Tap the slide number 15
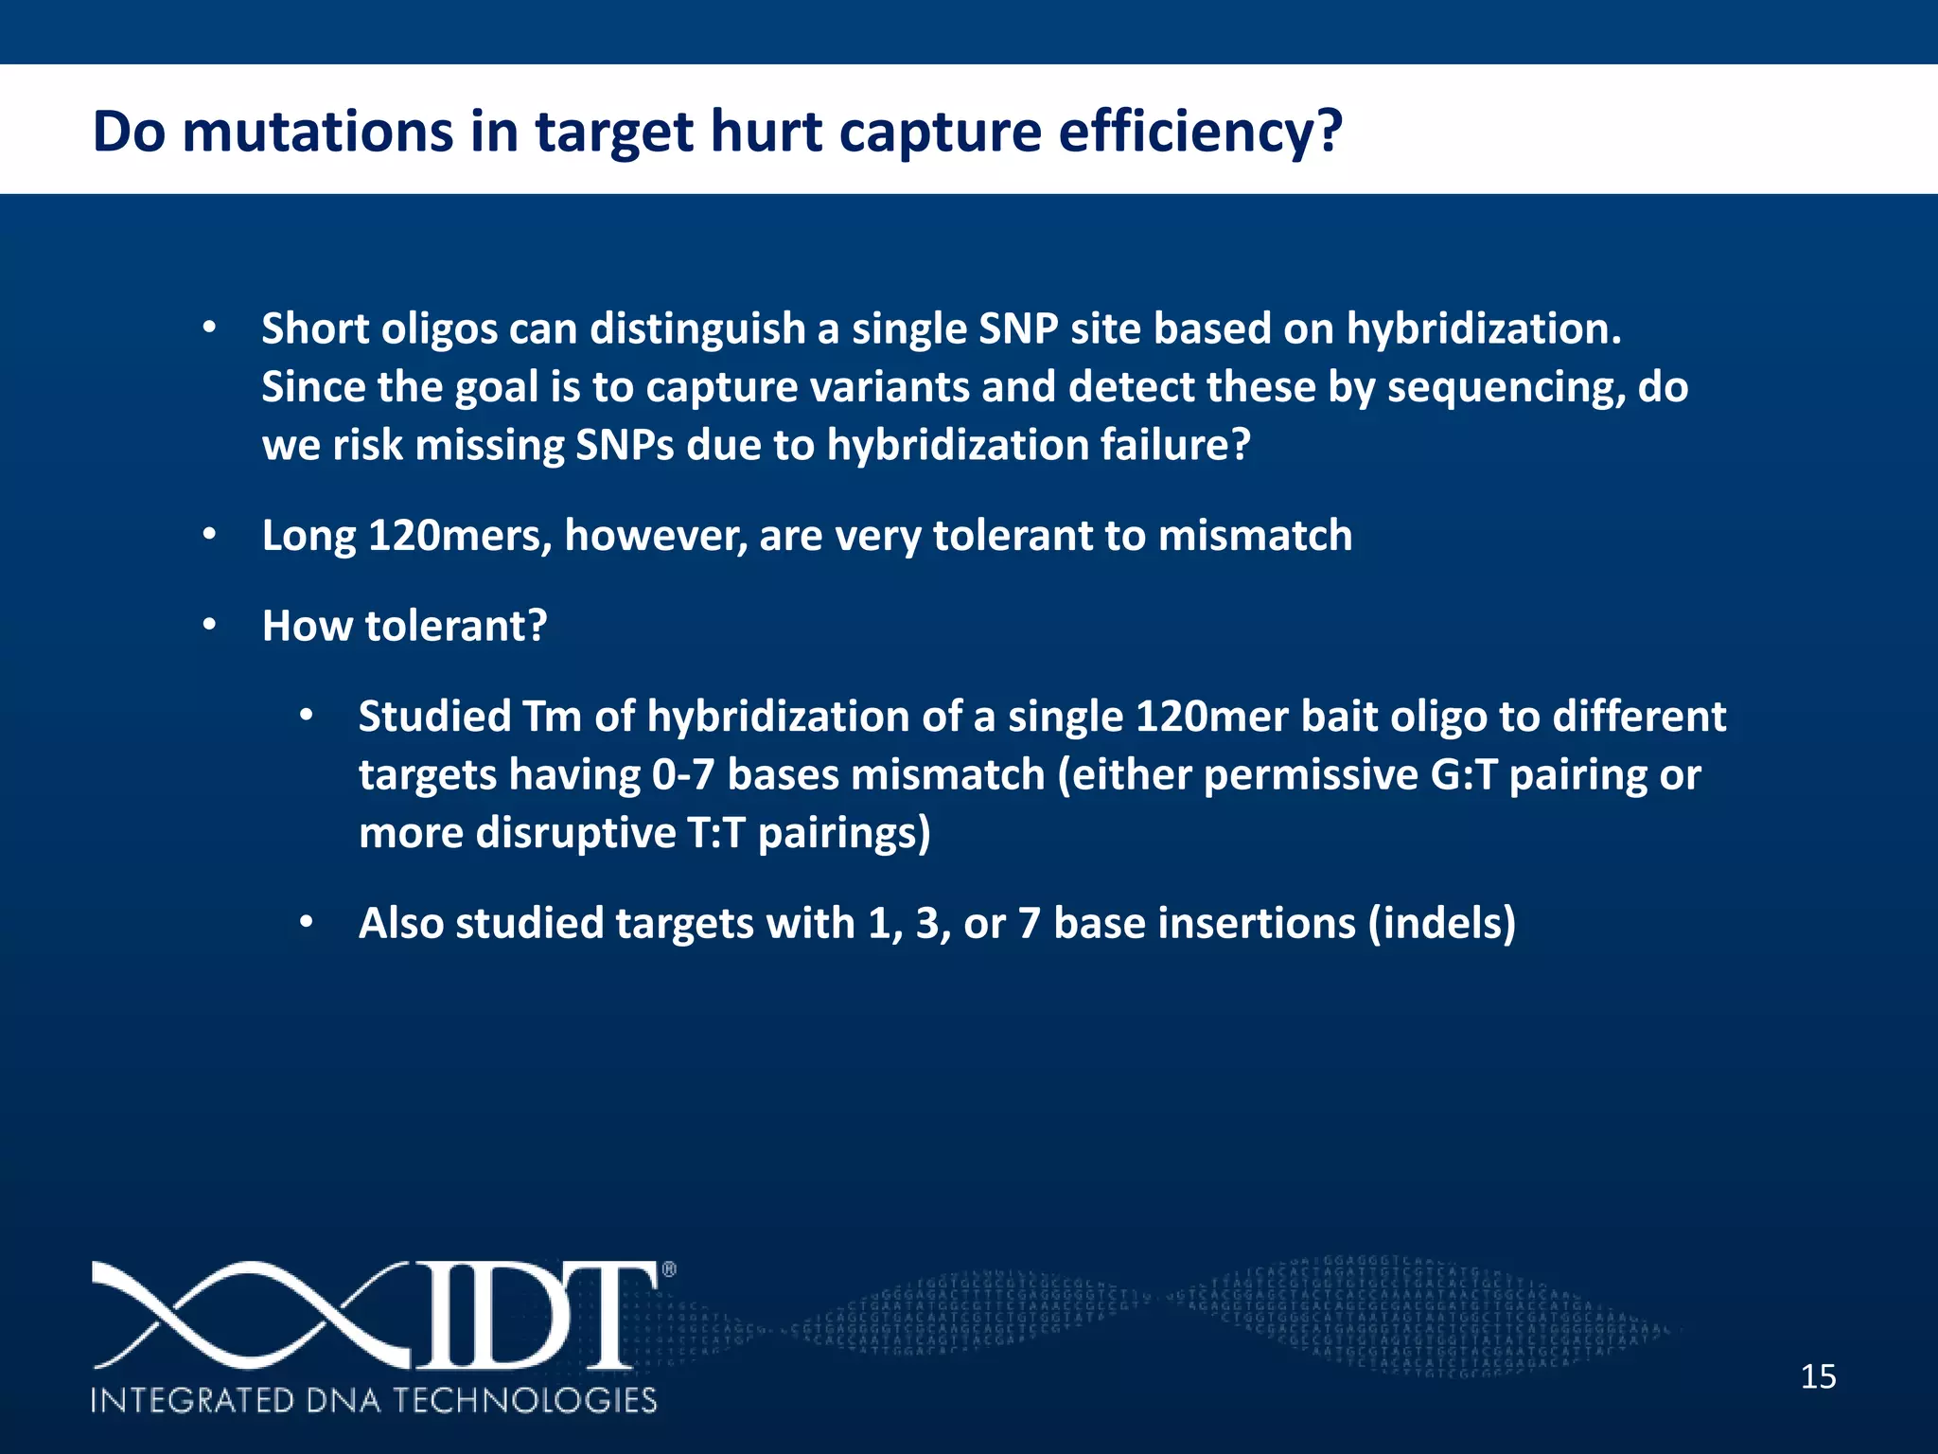[x=1818, y=1375]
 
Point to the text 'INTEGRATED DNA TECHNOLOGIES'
[x=374, y=1400]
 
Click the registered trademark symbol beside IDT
[x=668, y=1270]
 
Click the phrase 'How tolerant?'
[x=404, y=626]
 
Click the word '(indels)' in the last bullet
[x=1441, y=923]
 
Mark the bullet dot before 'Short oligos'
[x=210, y=328]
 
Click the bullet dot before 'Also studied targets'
[x=306, y=922]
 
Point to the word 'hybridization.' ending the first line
[x=1483, y=328]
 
